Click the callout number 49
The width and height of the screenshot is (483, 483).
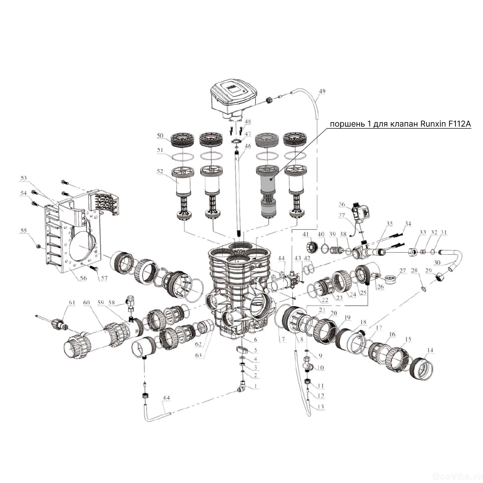point(322,91)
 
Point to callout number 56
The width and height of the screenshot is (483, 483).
point(83,278)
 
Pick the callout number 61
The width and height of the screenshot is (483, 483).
point(72,302)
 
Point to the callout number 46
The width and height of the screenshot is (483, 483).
point(248,146)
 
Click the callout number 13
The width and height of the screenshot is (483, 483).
point(321,407)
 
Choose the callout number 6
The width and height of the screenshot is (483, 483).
point(255,340)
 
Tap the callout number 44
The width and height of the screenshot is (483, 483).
point(281,258)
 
